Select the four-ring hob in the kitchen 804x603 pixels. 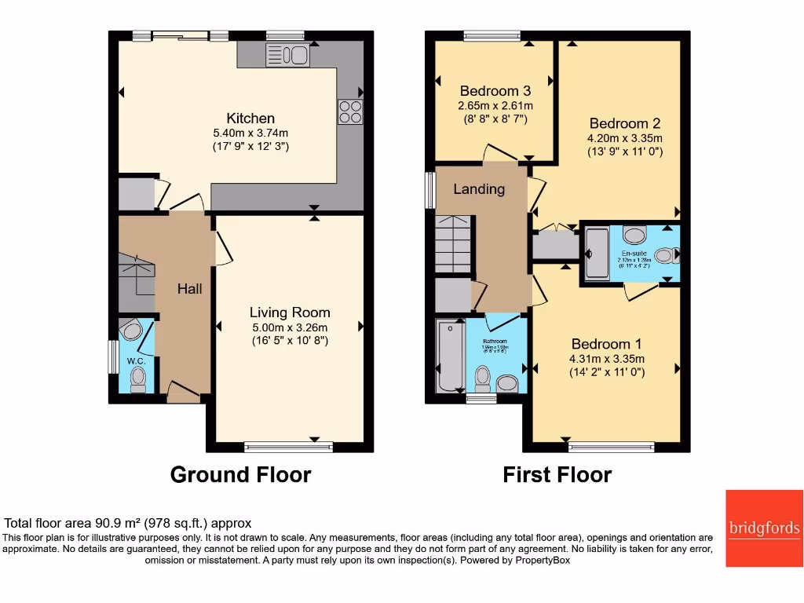350,111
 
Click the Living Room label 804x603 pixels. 290,312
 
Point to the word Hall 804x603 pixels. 189,288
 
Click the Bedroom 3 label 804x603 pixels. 495,90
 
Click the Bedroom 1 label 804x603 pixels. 606,344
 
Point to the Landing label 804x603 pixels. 479,188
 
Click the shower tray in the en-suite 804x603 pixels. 598,254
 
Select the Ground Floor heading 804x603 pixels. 240,475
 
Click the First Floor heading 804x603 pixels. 557,475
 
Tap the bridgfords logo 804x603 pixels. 764,528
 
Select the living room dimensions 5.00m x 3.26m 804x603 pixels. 290,327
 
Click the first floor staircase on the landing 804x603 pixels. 452,244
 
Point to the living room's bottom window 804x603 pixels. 288,448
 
